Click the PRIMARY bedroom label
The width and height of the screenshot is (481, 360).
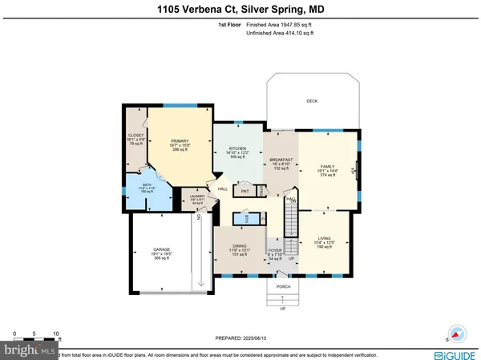pos(178,141)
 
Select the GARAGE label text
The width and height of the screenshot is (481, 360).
pos(162,249)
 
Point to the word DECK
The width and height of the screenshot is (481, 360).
pos(313,101)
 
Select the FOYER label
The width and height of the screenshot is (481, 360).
pos(274,250)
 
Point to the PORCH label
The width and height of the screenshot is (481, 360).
pos(283,286)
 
